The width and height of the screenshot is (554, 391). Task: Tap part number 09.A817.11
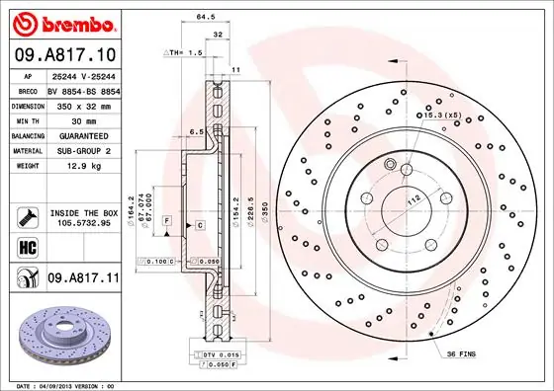[x=83, y=279]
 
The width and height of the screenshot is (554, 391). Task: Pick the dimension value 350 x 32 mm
[x=83, y=104]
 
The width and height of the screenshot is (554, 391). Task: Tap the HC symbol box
[x=26, y=246]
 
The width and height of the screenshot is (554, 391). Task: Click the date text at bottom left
[x=61, y=384]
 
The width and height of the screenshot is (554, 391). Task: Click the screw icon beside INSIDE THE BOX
[x=26, y=214]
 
